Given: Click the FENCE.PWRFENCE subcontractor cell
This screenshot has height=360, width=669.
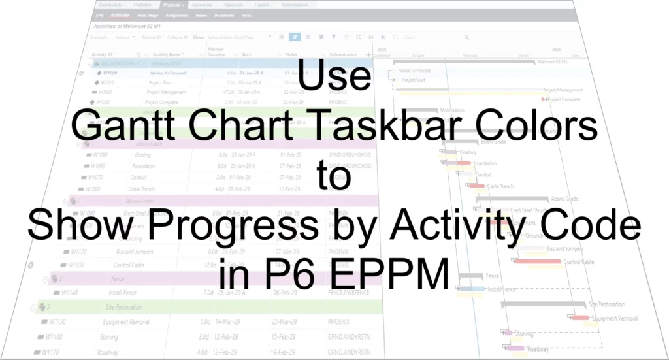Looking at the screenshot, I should [346, 293].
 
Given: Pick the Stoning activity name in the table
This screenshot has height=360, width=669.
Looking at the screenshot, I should [109, 337].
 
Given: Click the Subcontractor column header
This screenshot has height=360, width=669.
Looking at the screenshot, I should [344, 55].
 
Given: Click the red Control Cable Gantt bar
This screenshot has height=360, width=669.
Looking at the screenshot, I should [538, 261].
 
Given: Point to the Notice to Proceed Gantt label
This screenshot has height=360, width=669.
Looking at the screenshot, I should [415, 70].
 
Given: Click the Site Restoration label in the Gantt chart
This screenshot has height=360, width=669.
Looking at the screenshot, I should [606, 304].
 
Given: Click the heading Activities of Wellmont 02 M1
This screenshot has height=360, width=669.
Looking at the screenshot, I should [122, 26].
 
